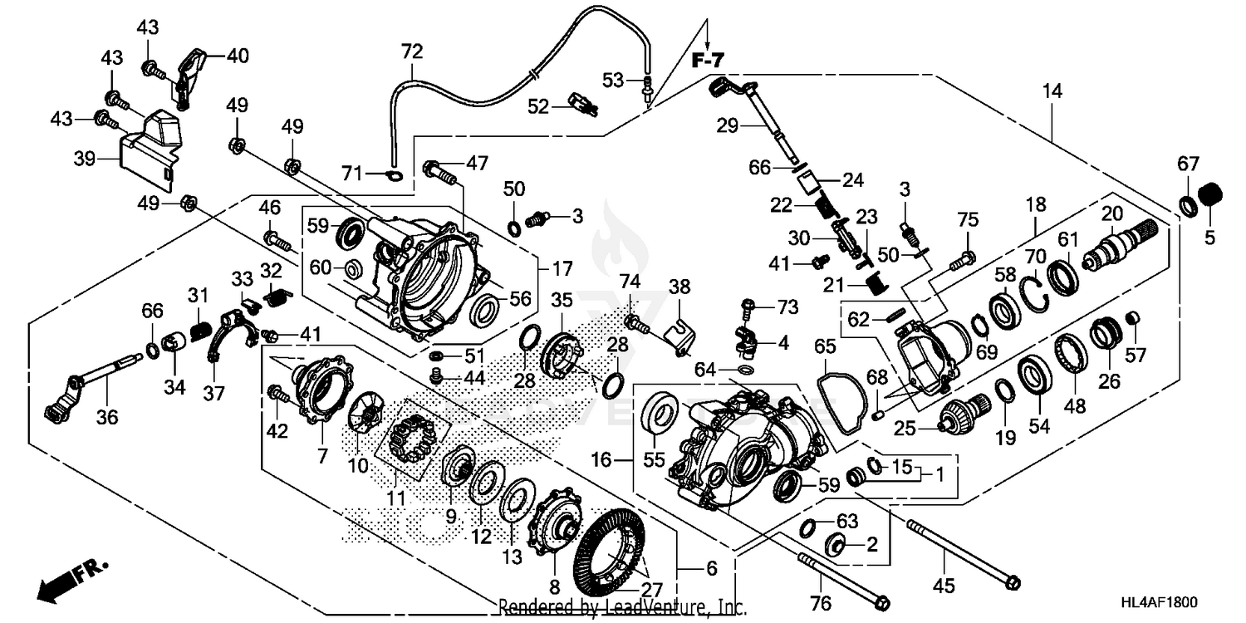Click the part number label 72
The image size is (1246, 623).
(412, 52)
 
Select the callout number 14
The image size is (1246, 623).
(1052, 91)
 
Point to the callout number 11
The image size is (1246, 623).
(396, 498)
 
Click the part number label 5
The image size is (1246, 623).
(1209, 238)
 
